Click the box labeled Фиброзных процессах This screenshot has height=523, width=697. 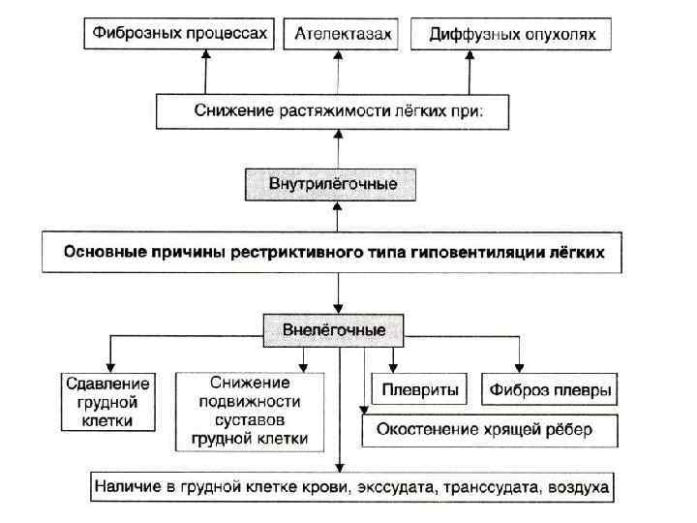tap(179, 34)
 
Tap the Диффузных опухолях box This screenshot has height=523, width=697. tap(511, 36)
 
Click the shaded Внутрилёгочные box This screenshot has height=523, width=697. tap(334, 183)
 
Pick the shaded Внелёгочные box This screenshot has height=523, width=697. tap(334, 330)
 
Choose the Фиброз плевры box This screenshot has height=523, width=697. tap(550, 391)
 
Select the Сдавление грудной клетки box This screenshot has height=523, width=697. tap(99, 401)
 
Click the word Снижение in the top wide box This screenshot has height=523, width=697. tap(228, 111)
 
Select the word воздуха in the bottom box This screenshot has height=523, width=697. tap(576, 486)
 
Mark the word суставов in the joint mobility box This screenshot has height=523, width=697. tap(250, 420)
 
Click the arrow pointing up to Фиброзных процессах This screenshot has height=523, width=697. tap(205, 73)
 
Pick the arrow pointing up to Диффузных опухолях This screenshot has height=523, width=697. tap(470, 73)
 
